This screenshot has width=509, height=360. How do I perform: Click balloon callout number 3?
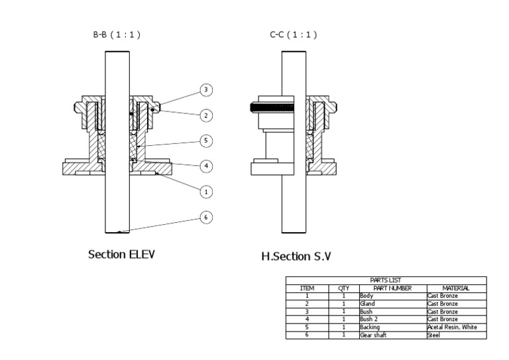tap(206, 90)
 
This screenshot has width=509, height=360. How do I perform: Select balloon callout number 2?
tap(206, 115)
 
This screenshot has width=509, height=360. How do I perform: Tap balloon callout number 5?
tap(206, 141)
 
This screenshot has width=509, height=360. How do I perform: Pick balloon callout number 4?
tap(206, 166)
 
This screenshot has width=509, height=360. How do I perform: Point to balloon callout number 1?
tap(206, 192)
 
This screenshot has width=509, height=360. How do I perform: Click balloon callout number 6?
tap(206, 217)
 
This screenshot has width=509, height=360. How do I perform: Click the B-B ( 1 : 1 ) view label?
tap(117, 34)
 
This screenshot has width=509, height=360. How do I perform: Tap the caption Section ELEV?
tap(121, 255)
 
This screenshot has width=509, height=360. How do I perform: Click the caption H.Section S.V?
tap(296, 257)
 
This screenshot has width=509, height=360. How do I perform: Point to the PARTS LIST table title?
tap(385, 280)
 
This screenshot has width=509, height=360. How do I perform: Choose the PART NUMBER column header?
tap(392, 288)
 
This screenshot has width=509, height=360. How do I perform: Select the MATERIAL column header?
tap(456, 288)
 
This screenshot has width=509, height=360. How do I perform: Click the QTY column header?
tap(343, 288)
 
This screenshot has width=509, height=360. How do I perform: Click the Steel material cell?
tap(433, 335)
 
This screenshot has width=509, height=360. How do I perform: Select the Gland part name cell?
tap(367, 304)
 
